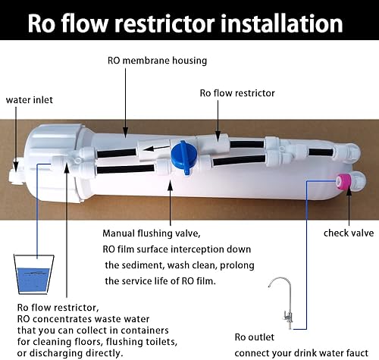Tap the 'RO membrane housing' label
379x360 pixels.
point(156,61)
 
